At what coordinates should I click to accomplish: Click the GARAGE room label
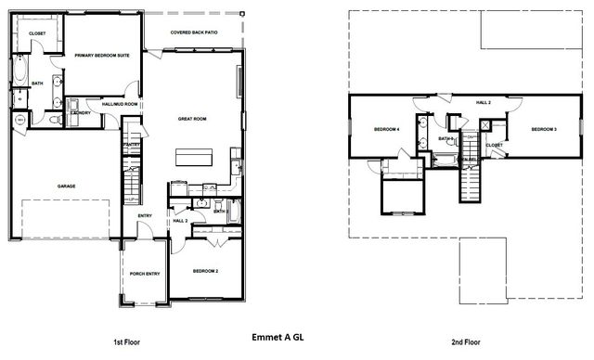coord(66,186)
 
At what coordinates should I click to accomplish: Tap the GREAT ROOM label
coord(192,119)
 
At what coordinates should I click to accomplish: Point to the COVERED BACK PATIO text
coord(194,32)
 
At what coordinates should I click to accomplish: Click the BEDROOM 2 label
coord(205,271)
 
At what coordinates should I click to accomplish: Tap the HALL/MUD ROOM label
coord(119,105)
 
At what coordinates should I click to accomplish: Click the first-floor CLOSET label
coord(37,33)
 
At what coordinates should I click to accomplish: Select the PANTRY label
coord(131,145)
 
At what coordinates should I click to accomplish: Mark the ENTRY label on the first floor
coord(145,216)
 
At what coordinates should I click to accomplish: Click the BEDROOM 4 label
coord(386,129)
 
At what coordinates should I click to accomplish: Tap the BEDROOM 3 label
coord(544,129)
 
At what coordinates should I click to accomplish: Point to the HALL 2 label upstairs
coord(483,102)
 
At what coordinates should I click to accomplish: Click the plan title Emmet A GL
coord(278,339)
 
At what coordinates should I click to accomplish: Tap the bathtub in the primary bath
coord(20,71)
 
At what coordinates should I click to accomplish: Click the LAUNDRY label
coord(80,113)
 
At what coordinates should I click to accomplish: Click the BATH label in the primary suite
coord(37,84)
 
